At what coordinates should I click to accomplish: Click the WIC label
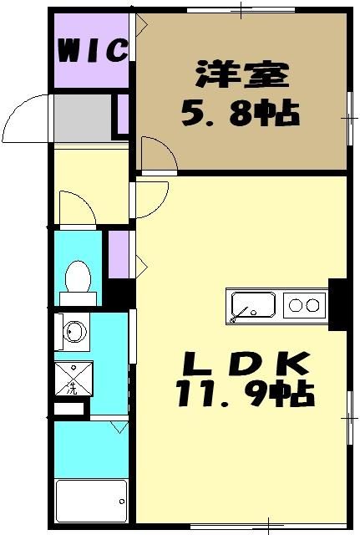tap(92, 51)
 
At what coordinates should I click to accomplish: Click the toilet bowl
tap(79, 278)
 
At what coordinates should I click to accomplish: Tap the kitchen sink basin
tap(251, 305)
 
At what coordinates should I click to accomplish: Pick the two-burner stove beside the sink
tap(304, 305)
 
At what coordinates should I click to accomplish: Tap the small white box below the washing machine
tap(70, 410)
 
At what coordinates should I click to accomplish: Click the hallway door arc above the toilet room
tap(78, 208)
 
